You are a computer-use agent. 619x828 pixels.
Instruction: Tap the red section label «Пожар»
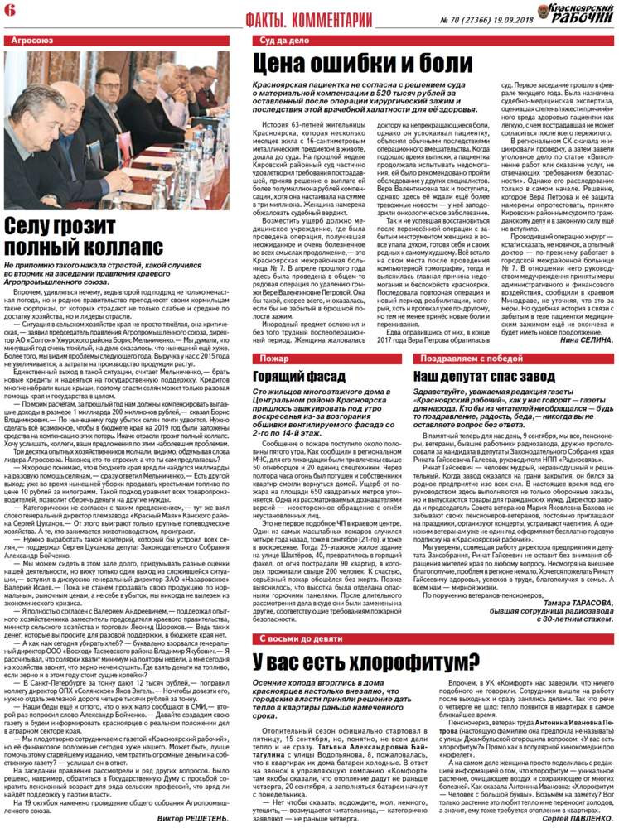pos(274,359)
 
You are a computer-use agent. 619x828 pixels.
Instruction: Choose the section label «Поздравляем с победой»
pos(465,359)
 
